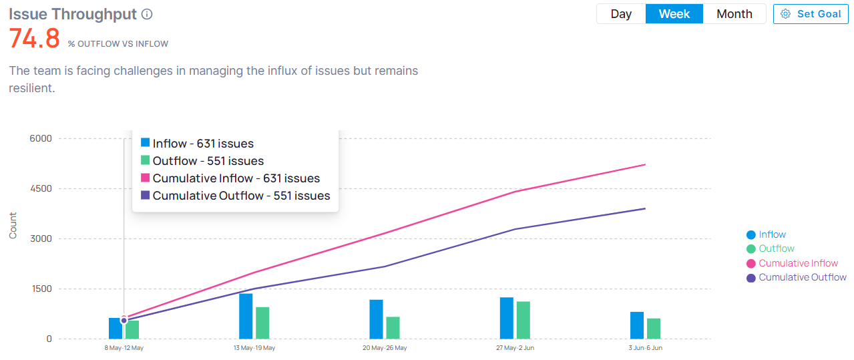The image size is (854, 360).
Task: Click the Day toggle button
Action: click(x=621, y=14)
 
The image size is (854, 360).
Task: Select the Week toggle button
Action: click(x=674, y=14)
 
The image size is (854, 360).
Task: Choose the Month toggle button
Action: click(x=734, y=14)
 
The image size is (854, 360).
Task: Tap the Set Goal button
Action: click(x=811, y=14)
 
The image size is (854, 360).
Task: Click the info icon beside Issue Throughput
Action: click(x=148, y=14)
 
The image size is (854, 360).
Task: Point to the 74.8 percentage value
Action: click(x=34, y=39)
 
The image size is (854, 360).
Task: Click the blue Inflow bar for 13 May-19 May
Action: click(x=246, y=316)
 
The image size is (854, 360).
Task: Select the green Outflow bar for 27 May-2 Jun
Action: click(x=523, y=320)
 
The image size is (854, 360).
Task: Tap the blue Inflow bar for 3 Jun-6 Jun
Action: click(x=637, y=325)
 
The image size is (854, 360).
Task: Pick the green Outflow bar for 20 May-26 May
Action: click(x=393, y=327)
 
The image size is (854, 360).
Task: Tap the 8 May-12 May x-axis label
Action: click(x=124, y=348)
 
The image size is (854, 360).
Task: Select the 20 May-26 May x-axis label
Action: click(x=385, y=348)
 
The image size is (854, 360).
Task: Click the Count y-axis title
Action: click(x=13, y=225)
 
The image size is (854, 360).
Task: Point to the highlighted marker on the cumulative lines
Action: click(x=124, y=321)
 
